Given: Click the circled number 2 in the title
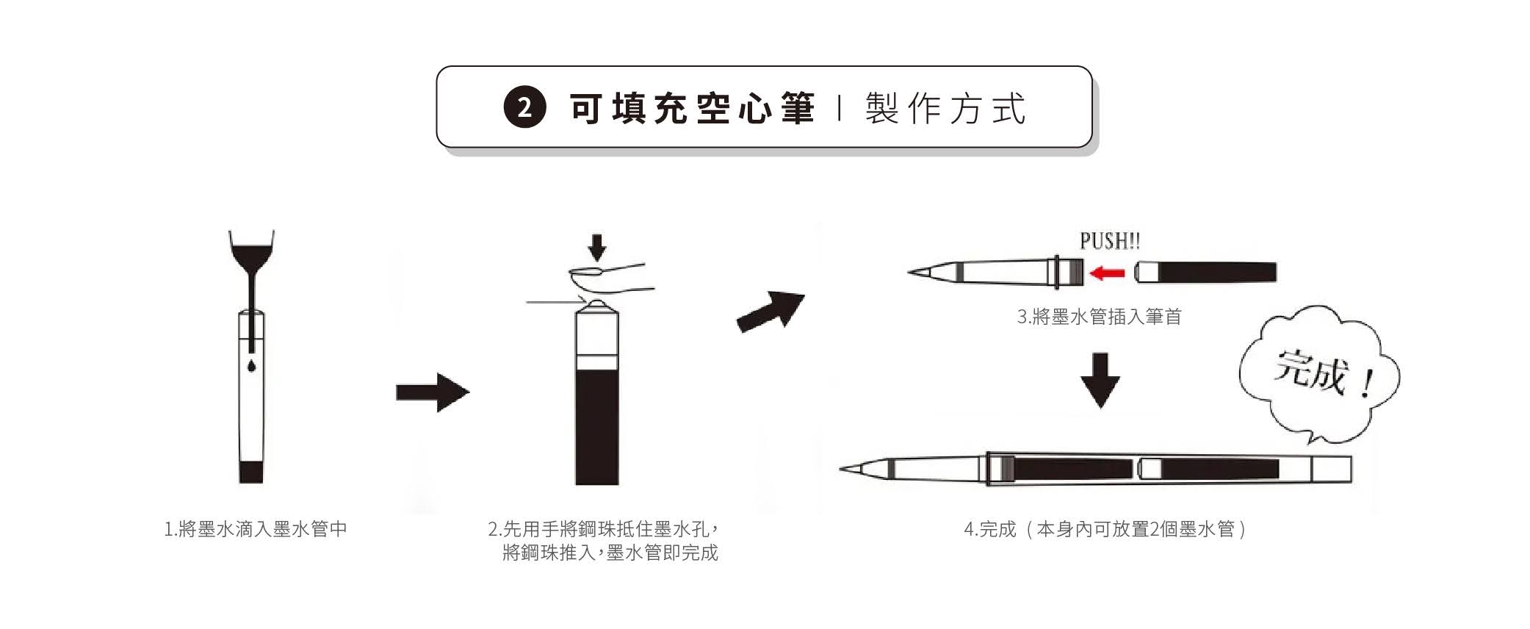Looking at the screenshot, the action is (x=524, y=109).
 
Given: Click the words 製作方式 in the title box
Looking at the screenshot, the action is (x=946, y=109).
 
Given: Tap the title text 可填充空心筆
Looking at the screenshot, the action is (x=693, y=109).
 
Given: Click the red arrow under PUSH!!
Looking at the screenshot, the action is (x=1107, y=273).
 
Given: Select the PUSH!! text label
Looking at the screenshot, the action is (x=1110, y=240).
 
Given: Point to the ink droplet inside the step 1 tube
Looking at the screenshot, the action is (x=251, y=365).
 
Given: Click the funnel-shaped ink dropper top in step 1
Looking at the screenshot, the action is (x=251, y=250).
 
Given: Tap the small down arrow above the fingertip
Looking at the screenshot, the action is (x=598, y=248).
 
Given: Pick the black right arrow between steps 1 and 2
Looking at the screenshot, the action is (x=433, y=392).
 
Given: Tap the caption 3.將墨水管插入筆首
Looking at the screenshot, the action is (x=1099, y=317).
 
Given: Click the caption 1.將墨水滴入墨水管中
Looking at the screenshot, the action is (x=255, y=529).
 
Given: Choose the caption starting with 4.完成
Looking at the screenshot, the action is (x=1105, y=529).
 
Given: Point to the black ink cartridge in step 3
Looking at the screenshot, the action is (x=1205, y=273).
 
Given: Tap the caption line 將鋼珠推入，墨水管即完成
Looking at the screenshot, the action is (x=610, y=553).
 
